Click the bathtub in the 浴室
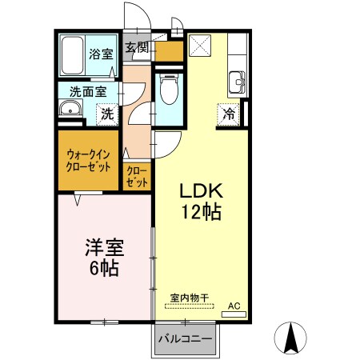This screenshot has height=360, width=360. click(x=74, y=55)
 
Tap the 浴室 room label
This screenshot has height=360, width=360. click(x=101, y=54)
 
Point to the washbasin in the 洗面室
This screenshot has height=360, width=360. click(x=70, y=110)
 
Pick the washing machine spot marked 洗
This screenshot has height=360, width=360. click(x=106, y=114)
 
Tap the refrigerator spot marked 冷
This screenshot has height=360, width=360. click(x=228, y=114)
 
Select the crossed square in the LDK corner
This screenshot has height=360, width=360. click(x=199, y=45)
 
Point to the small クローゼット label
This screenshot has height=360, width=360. click(x=138, y=176)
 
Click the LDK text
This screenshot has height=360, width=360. click(x=200, y=193)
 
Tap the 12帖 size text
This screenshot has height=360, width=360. click(x=200, y=213)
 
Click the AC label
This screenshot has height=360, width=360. click(x=234, y=306)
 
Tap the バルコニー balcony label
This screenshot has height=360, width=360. click(x=185, y=339)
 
